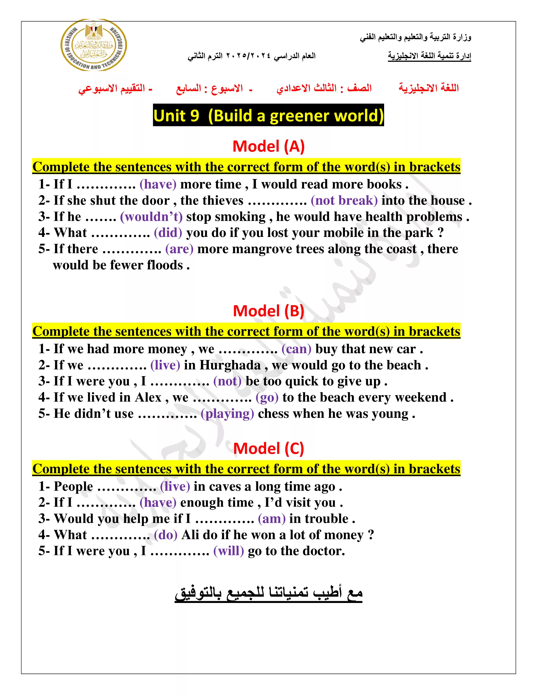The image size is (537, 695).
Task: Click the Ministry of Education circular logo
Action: [x=94, y=45]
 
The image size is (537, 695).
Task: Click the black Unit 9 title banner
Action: [x=268, y=115]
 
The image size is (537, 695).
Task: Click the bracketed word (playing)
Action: [x=227, y=414]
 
